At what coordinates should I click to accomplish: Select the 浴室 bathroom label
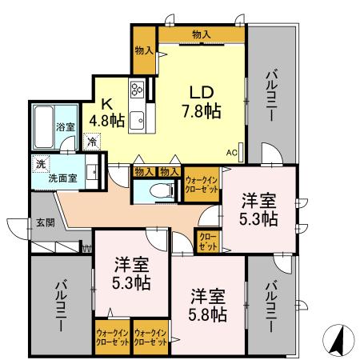click(62, 126)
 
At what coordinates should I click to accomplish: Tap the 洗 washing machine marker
click(40, 164)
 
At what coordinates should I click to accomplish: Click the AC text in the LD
click(231, 152)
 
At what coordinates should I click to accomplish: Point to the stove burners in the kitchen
click(137, 90)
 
